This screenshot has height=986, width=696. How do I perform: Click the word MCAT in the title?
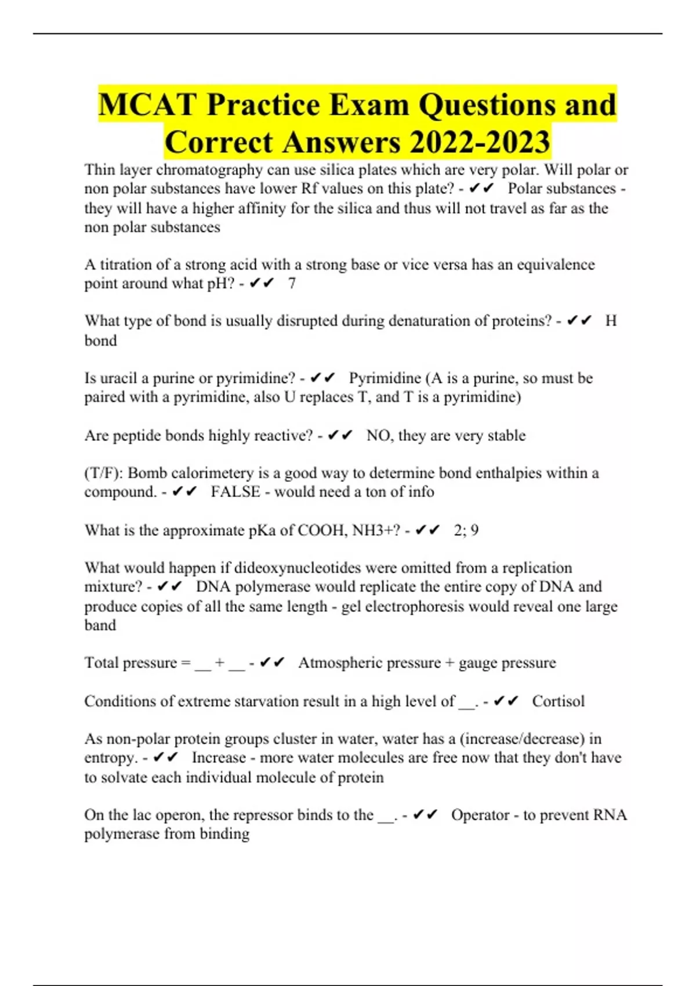pos(148,105)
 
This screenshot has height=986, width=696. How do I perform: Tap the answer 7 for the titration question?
pos(292,284)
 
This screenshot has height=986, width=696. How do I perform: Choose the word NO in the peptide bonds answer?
pos(378,436)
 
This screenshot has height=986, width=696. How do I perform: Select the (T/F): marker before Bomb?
pos(104,473)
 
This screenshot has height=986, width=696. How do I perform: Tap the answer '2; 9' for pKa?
pos(466,530)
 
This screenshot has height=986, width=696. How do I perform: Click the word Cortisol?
pos(558,701)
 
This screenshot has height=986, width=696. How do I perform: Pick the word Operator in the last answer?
pos(480,815)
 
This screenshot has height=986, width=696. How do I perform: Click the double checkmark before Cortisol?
pos(506,701)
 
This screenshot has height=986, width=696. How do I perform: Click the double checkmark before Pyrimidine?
pos(323,378)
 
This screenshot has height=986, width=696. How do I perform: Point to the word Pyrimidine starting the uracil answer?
pos(385,378)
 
